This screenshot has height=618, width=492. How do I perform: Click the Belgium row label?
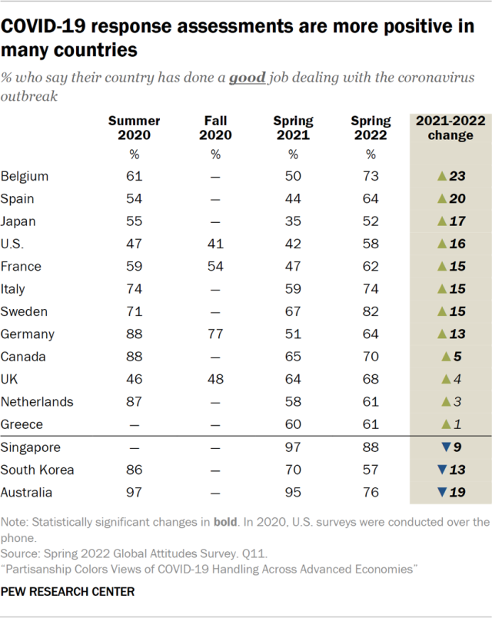25,176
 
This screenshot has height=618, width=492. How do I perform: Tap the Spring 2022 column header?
371,128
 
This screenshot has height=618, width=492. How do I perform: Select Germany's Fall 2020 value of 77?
215,334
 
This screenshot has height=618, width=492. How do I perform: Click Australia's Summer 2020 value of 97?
134,492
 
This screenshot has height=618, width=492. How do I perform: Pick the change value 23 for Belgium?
458,176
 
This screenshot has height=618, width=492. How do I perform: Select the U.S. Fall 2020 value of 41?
215,244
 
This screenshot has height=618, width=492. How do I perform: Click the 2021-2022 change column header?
444,128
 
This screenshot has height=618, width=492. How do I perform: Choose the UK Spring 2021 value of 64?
293,379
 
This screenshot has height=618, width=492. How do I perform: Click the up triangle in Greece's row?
444,424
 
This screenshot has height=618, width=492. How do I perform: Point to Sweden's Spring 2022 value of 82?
371,311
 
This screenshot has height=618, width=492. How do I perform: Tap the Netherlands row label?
38,402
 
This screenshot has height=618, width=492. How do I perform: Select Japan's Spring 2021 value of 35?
293,221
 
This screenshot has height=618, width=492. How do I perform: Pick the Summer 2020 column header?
134,128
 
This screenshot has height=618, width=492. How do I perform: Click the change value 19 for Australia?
458,492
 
